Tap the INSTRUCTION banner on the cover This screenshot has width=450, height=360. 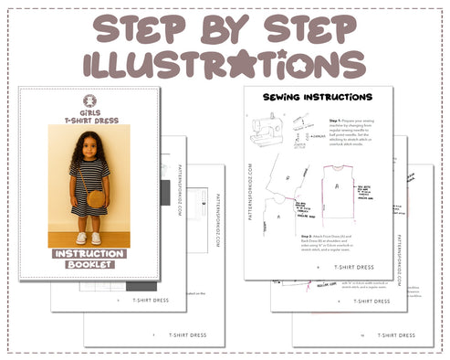89,253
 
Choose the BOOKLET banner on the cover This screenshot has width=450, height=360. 89,264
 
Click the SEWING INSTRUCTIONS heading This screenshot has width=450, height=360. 317,97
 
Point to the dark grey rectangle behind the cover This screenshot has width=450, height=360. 165,193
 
